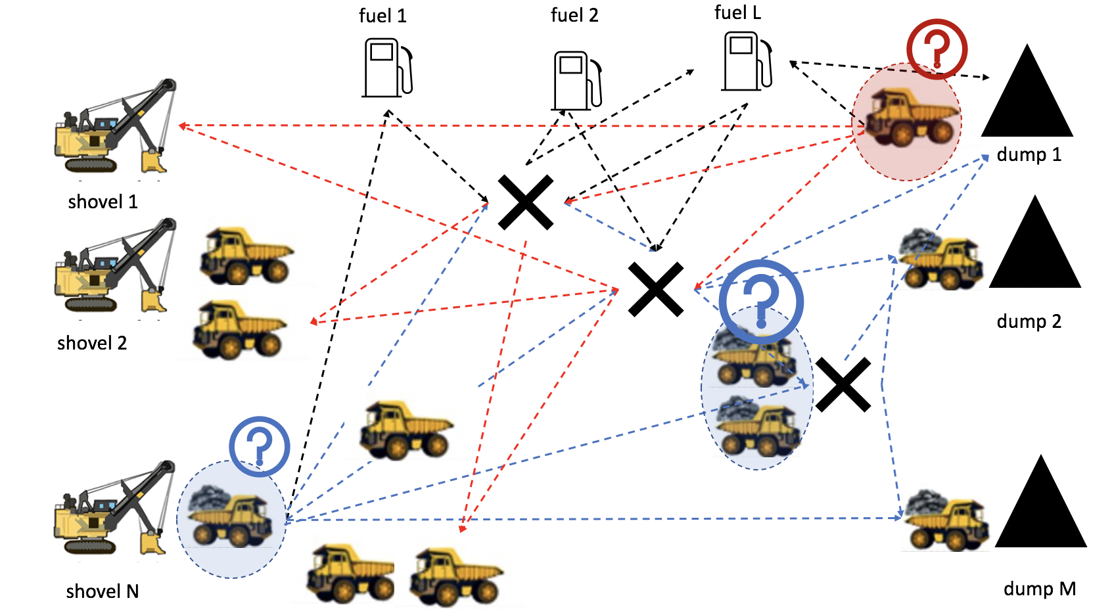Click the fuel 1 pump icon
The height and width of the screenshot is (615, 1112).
387,68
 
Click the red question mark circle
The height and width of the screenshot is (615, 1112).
937,49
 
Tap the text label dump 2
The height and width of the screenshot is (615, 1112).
1029,321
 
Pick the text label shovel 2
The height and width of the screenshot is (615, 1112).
92,343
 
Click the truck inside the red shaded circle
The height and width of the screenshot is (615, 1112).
910,118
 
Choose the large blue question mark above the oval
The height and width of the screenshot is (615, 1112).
761,302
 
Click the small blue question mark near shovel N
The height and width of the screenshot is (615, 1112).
260,446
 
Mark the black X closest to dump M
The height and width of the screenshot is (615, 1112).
843,385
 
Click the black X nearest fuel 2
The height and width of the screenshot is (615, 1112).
525,202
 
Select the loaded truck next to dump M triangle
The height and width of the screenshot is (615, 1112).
946,519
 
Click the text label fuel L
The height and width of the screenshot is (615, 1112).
737,13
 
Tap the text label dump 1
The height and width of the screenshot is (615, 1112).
1029,155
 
